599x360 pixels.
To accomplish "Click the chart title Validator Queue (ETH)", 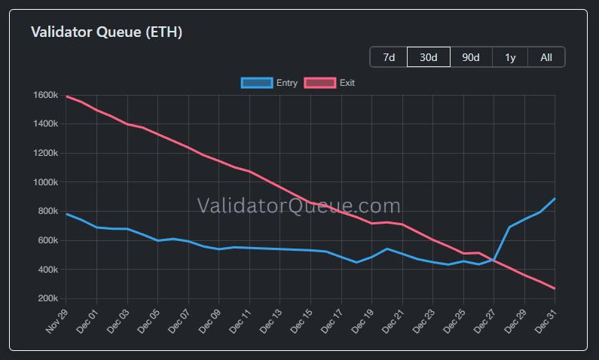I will (106, 32).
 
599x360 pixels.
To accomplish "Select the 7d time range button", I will (389, 57).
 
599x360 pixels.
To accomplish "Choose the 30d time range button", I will (429, 57).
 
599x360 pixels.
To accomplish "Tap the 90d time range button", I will (471, 57).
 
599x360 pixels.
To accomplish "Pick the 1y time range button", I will (510, 57).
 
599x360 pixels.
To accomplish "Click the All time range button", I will (546, 57).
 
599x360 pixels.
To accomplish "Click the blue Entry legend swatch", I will (256, 83).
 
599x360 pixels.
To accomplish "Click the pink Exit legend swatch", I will (319, 83).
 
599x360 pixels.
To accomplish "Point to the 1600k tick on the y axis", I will (45, 96).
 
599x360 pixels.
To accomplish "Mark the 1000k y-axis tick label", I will (45, 182).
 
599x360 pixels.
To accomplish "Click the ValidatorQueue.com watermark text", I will (298, 206).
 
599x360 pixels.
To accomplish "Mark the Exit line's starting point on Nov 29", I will (67, 96).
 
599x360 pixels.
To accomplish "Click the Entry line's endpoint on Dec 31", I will (555, 199).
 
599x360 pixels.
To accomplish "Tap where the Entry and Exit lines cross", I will (496, 259).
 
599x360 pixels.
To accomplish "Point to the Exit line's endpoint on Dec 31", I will (555, 288).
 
